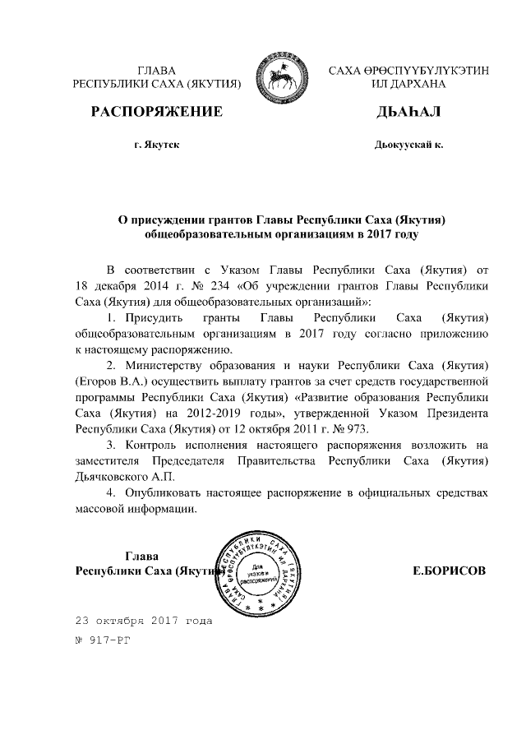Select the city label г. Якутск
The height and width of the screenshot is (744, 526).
(156, 145)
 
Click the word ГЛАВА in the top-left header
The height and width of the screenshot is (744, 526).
(156, 70)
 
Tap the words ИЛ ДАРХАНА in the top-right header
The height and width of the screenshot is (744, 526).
(408, 84)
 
